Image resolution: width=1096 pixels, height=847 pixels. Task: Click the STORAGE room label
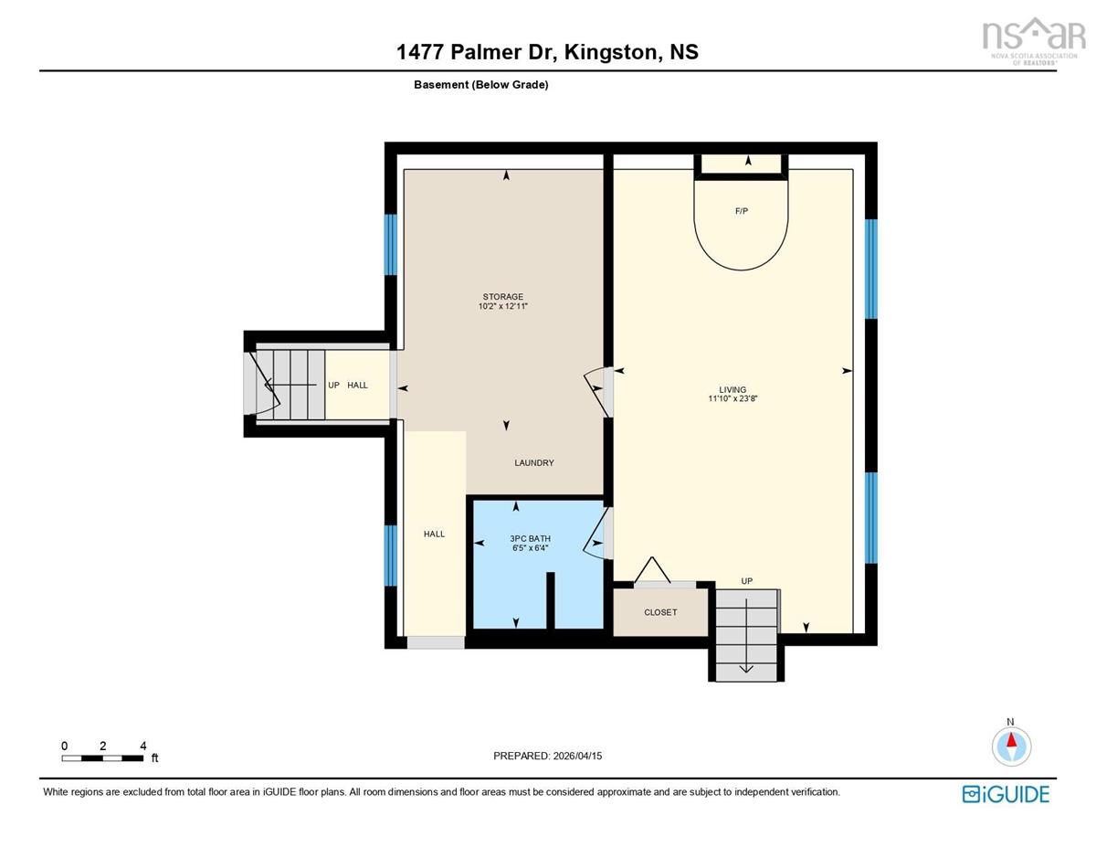point(502,297)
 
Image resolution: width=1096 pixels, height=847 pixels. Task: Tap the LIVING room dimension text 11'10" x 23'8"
point(732,398)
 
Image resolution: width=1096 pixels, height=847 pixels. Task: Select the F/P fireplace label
point(741,211)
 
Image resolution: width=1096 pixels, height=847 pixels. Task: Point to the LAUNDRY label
point(533,462)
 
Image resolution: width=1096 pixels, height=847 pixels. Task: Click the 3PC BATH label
point(530,538)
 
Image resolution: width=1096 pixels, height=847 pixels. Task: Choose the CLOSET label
point(660,612)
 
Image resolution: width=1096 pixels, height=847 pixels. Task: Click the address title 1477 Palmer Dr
point(477,52)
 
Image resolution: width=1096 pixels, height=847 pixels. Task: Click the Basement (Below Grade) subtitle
point(480,85)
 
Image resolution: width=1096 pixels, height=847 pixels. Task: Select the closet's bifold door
point(652,570)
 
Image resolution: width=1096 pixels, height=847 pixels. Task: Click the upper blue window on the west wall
point(390,245)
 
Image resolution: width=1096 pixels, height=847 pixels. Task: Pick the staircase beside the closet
point(746,635)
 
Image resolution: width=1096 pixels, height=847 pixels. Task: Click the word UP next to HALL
point(333,385)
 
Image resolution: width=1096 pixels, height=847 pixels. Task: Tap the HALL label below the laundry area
point(434,534)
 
